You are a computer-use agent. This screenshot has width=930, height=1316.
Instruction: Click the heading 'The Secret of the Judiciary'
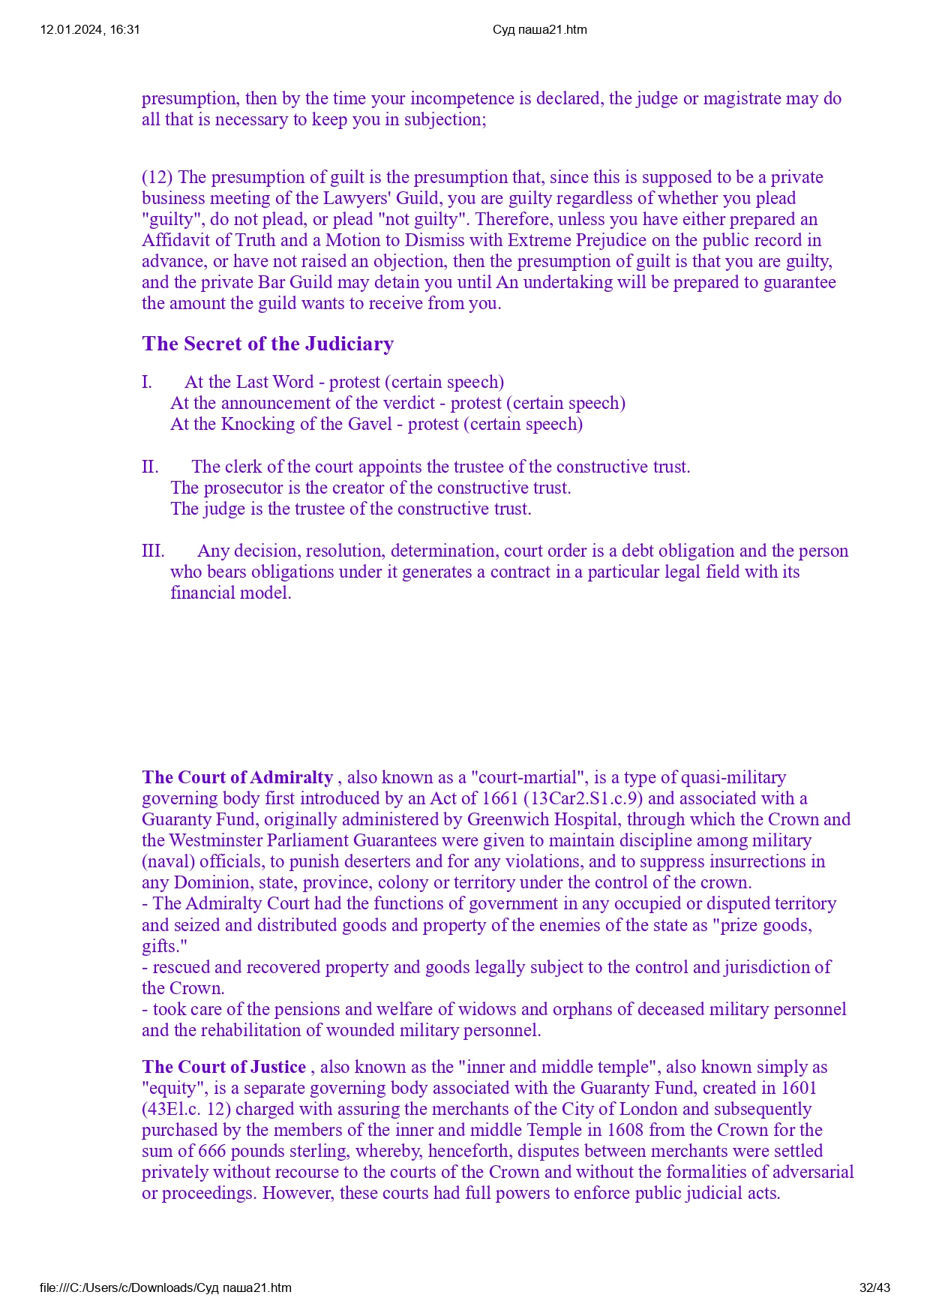268,344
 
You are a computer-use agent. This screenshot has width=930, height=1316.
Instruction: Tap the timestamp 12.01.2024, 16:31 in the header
90,30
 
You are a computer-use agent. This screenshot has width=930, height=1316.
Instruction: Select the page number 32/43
874,1287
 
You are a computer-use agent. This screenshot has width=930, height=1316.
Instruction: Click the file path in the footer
166,1287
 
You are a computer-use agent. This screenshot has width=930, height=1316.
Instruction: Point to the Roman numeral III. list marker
153,551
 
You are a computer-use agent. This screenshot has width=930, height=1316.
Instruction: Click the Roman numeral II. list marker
150,467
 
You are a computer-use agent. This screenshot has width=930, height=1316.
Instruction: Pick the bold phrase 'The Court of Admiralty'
237,777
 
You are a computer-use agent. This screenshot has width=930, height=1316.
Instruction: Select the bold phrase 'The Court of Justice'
223,1067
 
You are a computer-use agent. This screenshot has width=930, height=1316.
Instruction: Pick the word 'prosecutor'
244,488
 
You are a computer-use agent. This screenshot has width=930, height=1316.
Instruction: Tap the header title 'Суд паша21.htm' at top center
540,30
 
